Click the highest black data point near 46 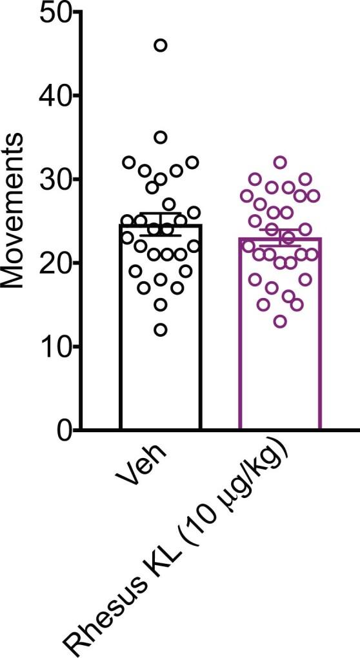[161, 45]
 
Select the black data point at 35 [161, 137]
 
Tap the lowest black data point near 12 [161, 330]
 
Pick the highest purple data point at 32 [280, 162]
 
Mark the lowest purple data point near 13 [280, 321]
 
